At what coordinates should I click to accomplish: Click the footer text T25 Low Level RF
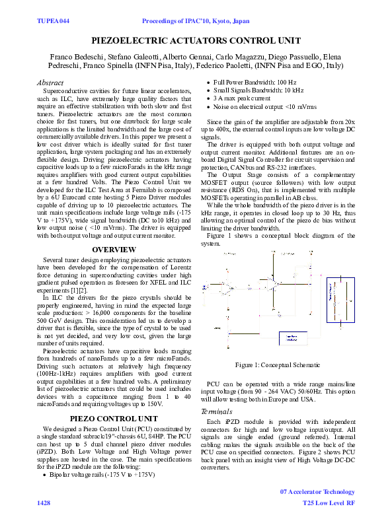click(x=329, y=503)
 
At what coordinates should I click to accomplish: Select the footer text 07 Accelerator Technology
click(x=318, y=491)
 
